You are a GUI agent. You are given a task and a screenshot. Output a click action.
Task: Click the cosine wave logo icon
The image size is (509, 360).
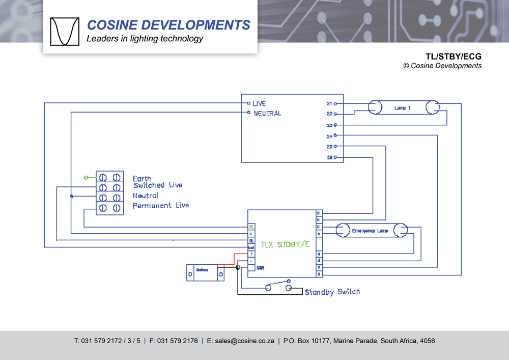[x=65, y=32]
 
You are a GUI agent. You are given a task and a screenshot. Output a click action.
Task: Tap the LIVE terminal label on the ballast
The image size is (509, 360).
[x=259, y=104]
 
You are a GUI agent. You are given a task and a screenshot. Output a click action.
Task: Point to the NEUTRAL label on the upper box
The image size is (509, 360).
[x=267, y=114]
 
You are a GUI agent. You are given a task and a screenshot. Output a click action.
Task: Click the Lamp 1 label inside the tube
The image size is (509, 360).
[x=402, y=108]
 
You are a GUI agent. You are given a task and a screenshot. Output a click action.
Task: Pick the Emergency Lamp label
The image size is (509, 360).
[x=370, y=231]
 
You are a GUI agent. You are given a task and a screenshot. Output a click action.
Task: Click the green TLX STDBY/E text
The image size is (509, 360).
[x=285, y=244]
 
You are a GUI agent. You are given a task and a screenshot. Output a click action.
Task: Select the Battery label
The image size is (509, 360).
[x=202, y=270]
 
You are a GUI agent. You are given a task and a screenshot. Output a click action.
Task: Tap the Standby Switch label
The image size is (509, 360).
[x=332, y=292]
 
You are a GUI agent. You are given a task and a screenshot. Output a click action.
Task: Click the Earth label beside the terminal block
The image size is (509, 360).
[x=142, y=178]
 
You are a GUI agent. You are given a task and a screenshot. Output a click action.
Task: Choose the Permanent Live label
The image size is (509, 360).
[x=160, y=206]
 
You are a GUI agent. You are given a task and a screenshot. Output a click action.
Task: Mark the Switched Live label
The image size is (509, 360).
[x=158, y=185]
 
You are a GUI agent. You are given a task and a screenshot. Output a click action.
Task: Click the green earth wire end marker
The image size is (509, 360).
[x=86, y=177]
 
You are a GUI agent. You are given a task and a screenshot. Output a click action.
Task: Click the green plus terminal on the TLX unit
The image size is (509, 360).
[x=251, y=254]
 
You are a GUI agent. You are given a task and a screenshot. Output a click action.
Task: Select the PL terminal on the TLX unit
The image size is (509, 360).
[x=251, y=227]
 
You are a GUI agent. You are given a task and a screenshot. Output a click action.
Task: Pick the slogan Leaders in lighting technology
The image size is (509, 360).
[x=145, y=39]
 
